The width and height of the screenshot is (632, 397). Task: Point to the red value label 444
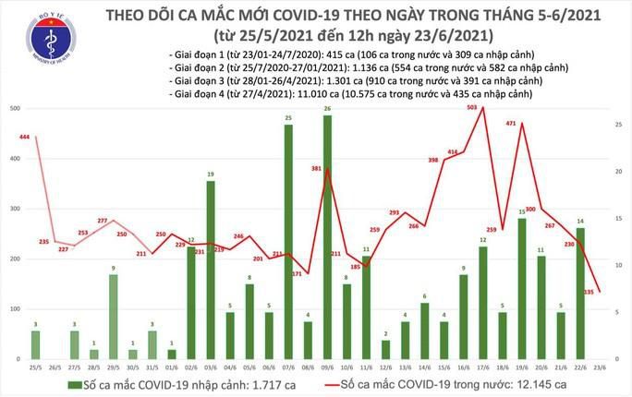[25, 137]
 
